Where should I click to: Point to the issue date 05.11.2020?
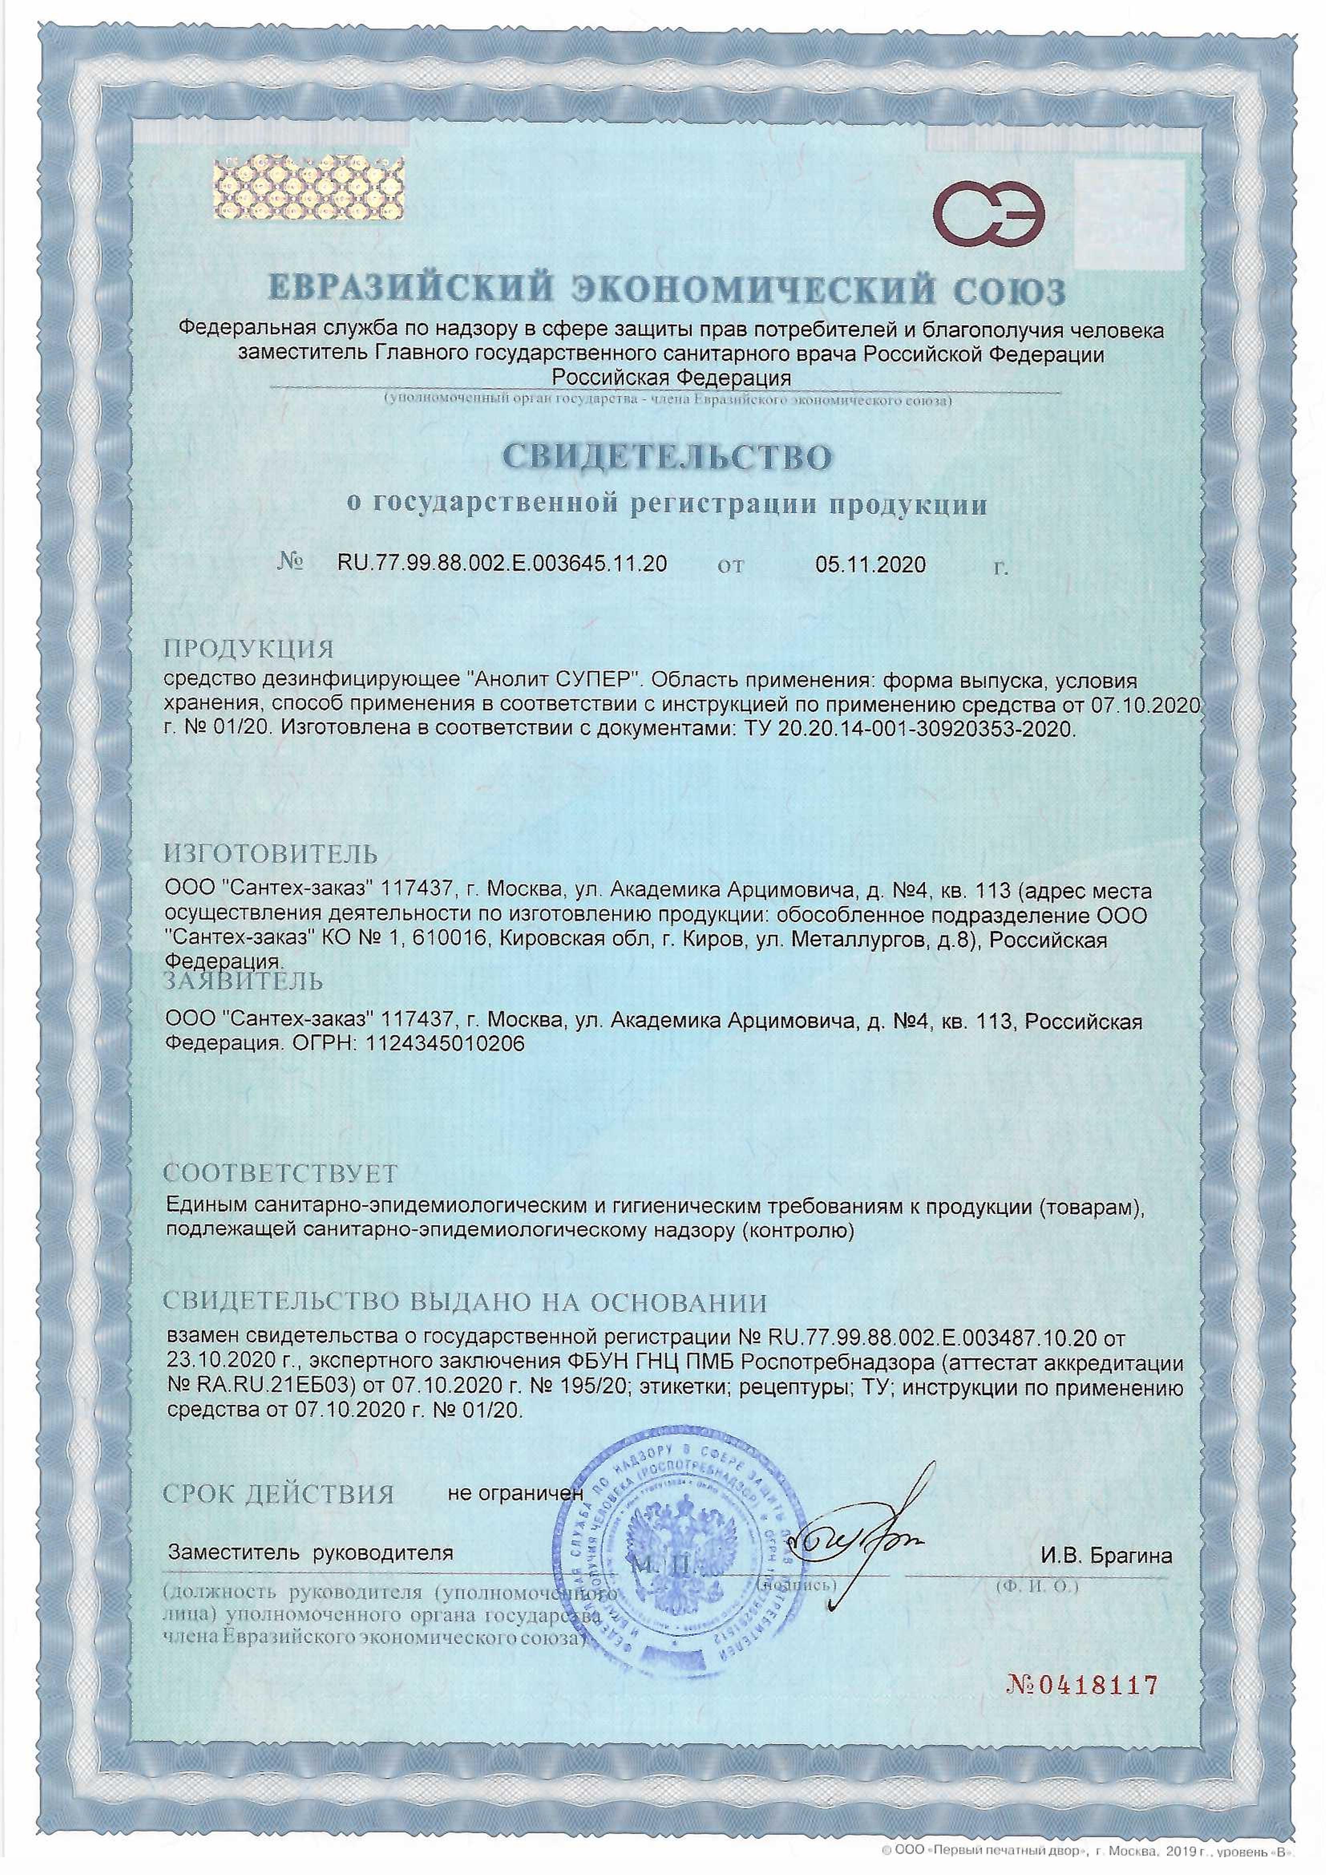click(x=870, y=564)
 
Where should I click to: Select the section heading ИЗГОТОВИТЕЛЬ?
click(x=271, y=854)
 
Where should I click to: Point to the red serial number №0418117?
click(x=1082, y=1684)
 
